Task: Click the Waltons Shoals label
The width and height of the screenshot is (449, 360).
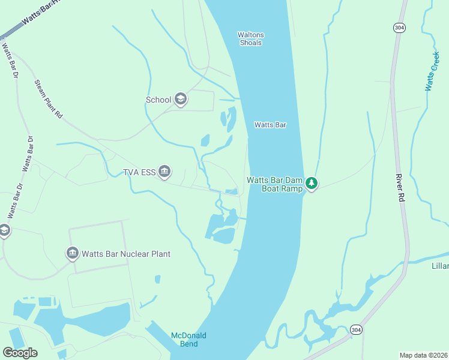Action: point(250,39)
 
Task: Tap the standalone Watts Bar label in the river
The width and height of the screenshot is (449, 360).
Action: point(270,125)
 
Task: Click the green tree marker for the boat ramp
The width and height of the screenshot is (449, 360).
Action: point(311,183)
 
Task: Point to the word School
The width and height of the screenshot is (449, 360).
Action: point(158,100)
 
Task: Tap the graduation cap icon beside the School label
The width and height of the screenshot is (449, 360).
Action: point(181,100)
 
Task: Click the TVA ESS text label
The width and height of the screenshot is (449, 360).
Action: point(139,173)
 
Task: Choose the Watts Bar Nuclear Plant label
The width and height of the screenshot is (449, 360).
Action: point(126,254)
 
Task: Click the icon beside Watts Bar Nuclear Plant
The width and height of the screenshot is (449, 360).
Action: point(73,253)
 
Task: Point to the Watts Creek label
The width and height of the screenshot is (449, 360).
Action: point(432,71)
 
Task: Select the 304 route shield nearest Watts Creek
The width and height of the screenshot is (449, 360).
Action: point(399,28)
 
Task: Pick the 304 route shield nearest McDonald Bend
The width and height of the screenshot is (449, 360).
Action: point(357,330)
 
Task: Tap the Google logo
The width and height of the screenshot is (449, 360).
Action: point(20,353)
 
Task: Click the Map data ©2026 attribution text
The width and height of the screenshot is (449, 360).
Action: point(423,355)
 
